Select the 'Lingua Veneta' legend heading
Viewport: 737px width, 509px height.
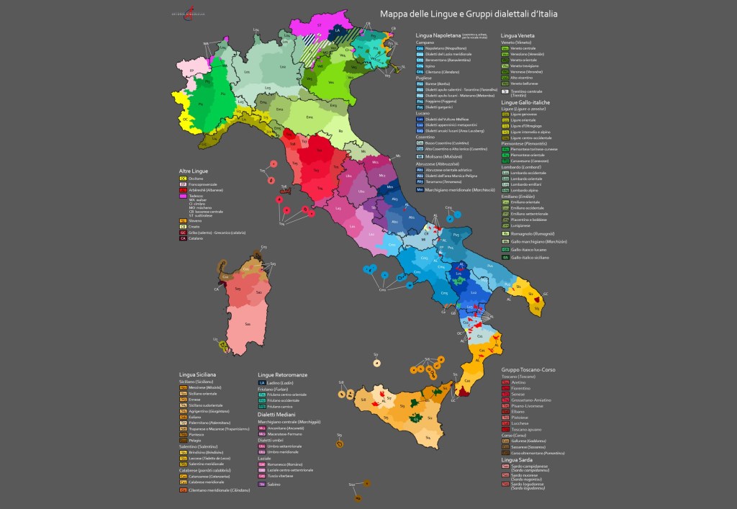click(517, 35)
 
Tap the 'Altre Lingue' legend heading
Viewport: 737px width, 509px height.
click(194, 171)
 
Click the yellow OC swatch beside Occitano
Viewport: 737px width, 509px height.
click(184, 178)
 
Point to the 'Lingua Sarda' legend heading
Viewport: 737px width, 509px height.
click(519, 459)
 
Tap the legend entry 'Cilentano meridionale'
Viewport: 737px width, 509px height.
click(214, 490)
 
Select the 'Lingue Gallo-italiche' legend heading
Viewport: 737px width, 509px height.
click(525, 102)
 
